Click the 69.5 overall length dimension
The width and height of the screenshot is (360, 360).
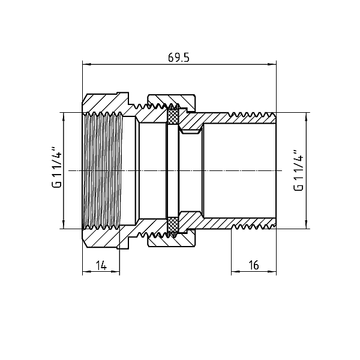[179, 58]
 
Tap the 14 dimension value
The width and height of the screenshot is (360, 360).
[101, 266]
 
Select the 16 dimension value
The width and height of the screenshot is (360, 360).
[254, 265]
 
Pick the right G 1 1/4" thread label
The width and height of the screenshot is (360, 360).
[298, 170]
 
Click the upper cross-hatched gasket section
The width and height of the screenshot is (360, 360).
[173, 116]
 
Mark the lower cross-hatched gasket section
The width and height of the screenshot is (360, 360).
[173, 225]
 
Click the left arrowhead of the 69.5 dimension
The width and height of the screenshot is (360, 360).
[86, 64]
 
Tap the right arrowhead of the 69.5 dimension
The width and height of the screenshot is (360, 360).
[273, 64]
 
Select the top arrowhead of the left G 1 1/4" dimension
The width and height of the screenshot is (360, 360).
[64, 116]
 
